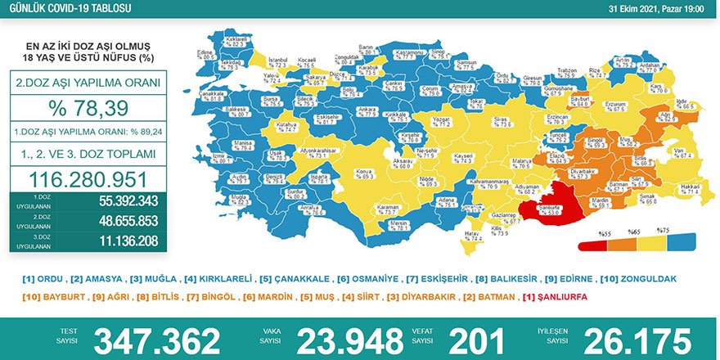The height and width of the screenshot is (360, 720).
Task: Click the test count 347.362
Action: click(157, 340)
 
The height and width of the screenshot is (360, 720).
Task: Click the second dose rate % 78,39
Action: click(89, 110)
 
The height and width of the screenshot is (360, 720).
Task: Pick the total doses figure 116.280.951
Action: click(89, 180)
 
